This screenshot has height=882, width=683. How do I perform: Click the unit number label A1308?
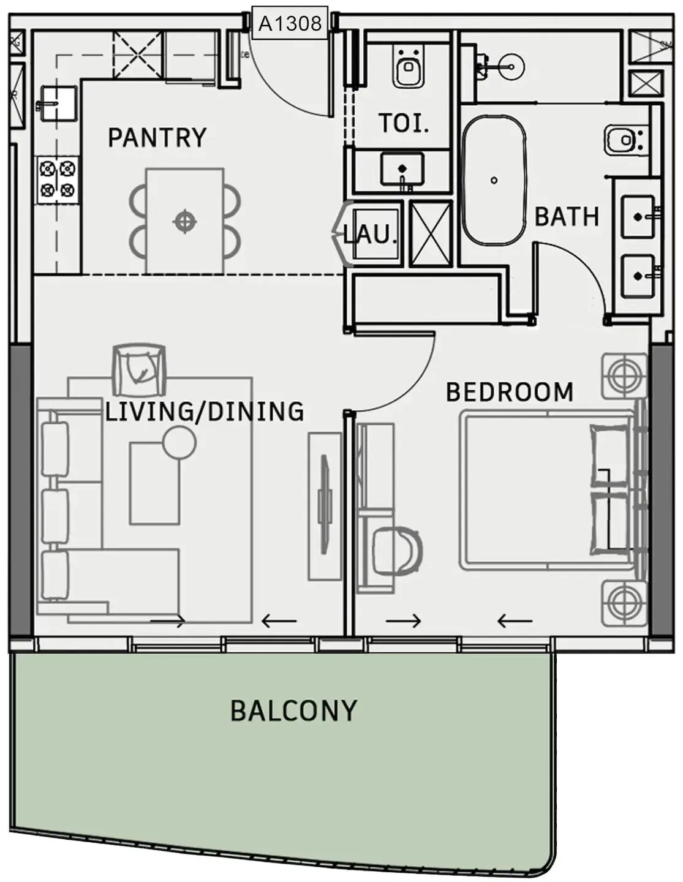click(290, 24)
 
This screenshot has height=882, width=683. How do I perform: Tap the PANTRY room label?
click(157, 138)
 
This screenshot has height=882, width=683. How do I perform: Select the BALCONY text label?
click(293, 711)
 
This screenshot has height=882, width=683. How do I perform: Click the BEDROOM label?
click(509, 392)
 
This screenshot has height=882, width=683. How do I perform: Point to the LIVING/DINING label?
click(205, 412)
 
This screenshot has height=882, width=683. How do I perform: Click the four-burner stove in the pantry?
click(58, 179)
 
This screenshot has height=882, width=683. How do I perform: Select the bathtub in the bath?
click(494, 181)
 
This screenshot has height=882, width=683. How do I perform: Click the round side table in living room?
click(179, 442)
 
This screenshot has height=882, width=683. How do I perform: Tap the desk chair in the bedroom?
click(398, 549)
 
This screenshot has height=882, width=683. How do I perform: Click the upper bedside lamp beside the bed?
click(624, 374)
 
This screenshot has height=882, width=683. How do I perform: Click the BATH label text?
click(567, 217)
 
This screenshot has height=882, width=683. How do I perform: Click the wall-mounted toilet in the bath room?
click(625, 140)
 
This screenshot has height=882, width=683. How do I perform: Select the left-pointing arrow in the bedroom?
click(515, 621)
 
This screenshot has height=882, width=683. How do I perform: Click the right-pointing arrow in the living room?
click(168, 622)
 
